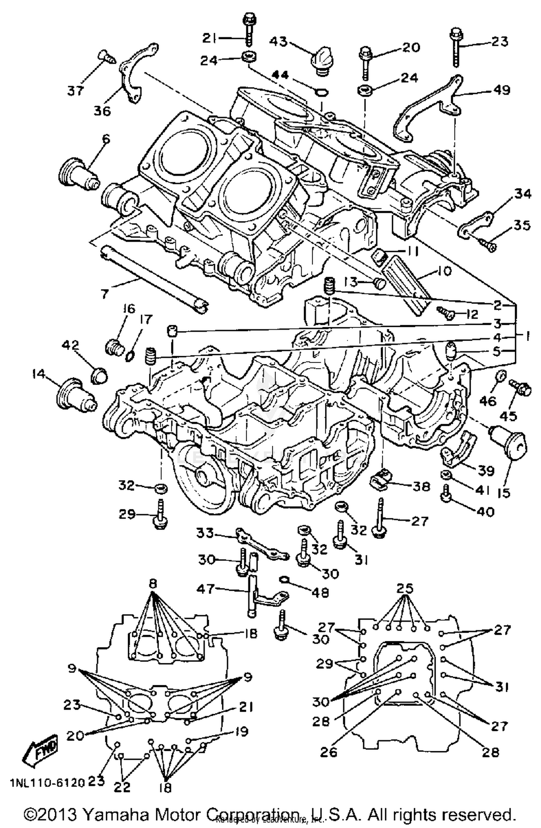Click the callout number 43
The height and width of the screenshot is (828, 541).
278,41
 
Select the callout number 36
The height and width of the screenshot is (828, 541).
102,110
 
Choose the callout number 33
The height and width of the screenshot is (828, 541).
205,532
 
